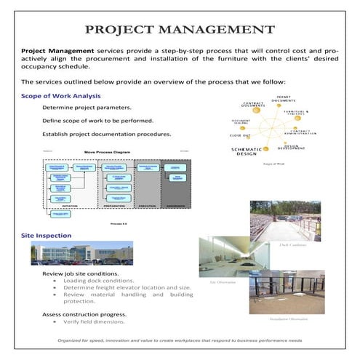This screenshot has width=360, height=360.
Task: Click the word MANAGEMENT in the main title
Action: [x=216, y=30]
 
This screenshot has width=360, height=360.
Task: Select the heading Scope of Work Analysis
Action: [x=62, y=96]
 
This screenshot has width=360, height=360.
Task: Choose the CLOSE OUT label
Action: [x=240, y=135]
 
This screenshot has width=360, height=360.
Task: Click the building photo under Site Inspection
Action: [x=82, y=253]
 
